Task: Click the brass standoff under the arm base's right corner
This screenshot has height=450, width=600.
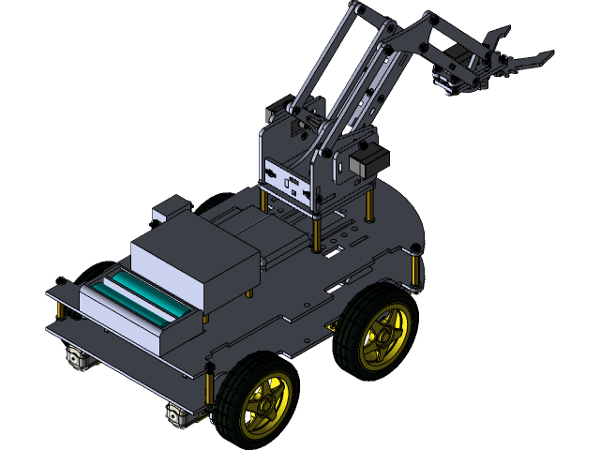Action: click(x=371, y=201)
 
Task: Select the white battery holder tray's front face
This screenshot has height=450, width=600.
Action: click(x=122, y=324)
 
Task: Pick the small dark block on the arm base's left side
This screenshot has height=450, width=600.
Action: click(x=277, y=112)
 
